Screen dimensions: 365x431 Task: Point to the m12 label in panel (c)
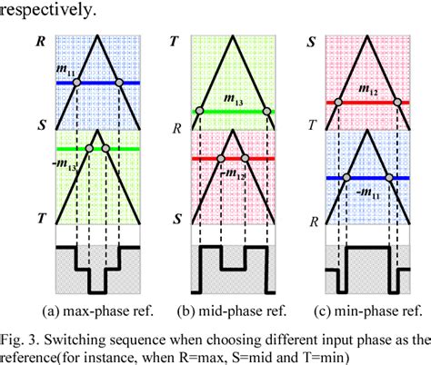point(368,91)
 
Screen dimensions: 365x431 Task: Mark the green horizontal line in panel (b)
point(232,112)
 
